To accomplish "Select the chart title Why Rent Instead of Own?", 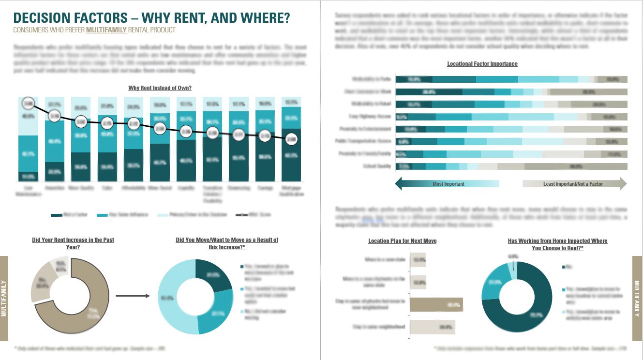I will tap(160, 88).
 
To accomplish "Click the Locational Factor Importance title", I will tap(482, 64).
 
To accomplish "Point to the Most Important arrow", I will tap(447, 184).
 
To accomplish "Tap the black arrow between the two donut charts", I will tap(134, 296).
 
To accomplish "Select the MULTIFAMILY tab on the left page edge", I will tap(4, 298).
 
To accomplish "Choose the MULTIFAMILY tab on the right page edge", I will tap(638, 298).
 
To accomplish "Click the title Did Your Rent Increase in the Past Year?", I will tap(73, 243).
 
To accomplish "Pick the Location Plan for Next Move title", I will tap(402, 241).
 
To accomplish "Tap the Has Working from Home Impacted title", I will tap(557, 244).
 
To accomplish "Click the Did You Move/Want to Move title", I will tap(227, 243).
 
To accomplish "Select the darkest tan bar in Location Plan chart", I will tap(436, 305).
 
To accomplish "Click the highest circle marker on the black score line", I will tap(29, 103).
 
